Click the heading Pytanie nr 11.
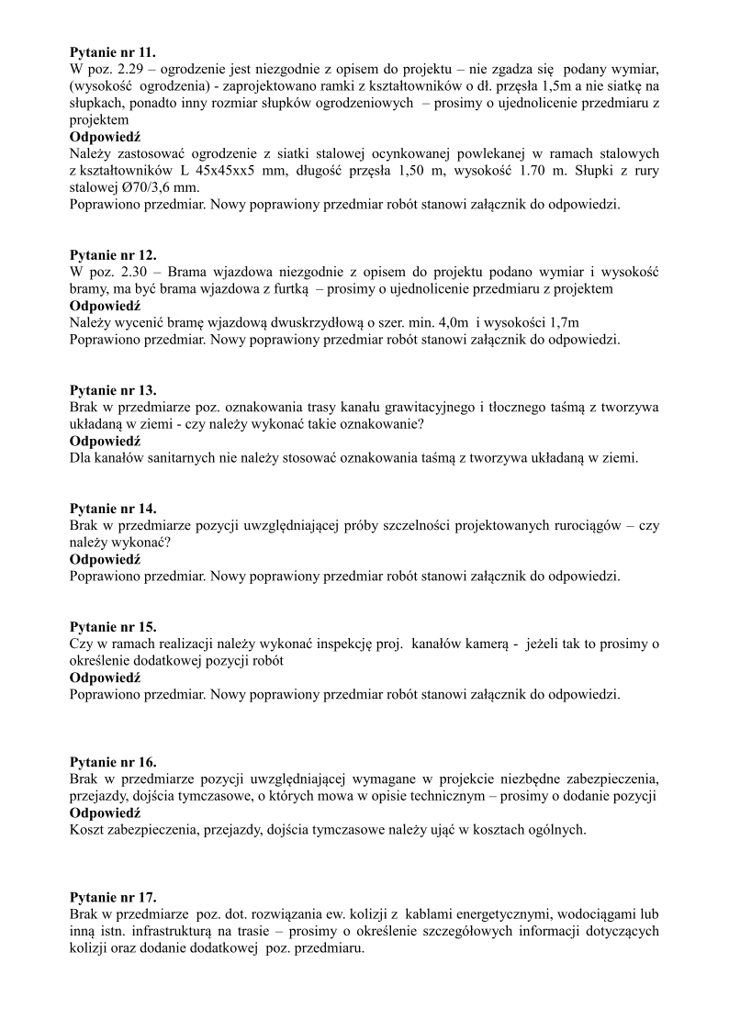pos(113,52)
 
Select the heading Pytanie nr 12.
pos(113,255)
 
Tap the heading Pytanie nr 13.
pos(113,390)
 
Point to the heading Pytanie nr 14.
pos(113,509)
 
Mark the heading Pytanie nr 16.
pos(113,762)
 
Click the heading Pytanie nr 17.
pos(113,897)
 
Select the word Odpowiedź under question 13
pos(105,441)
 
